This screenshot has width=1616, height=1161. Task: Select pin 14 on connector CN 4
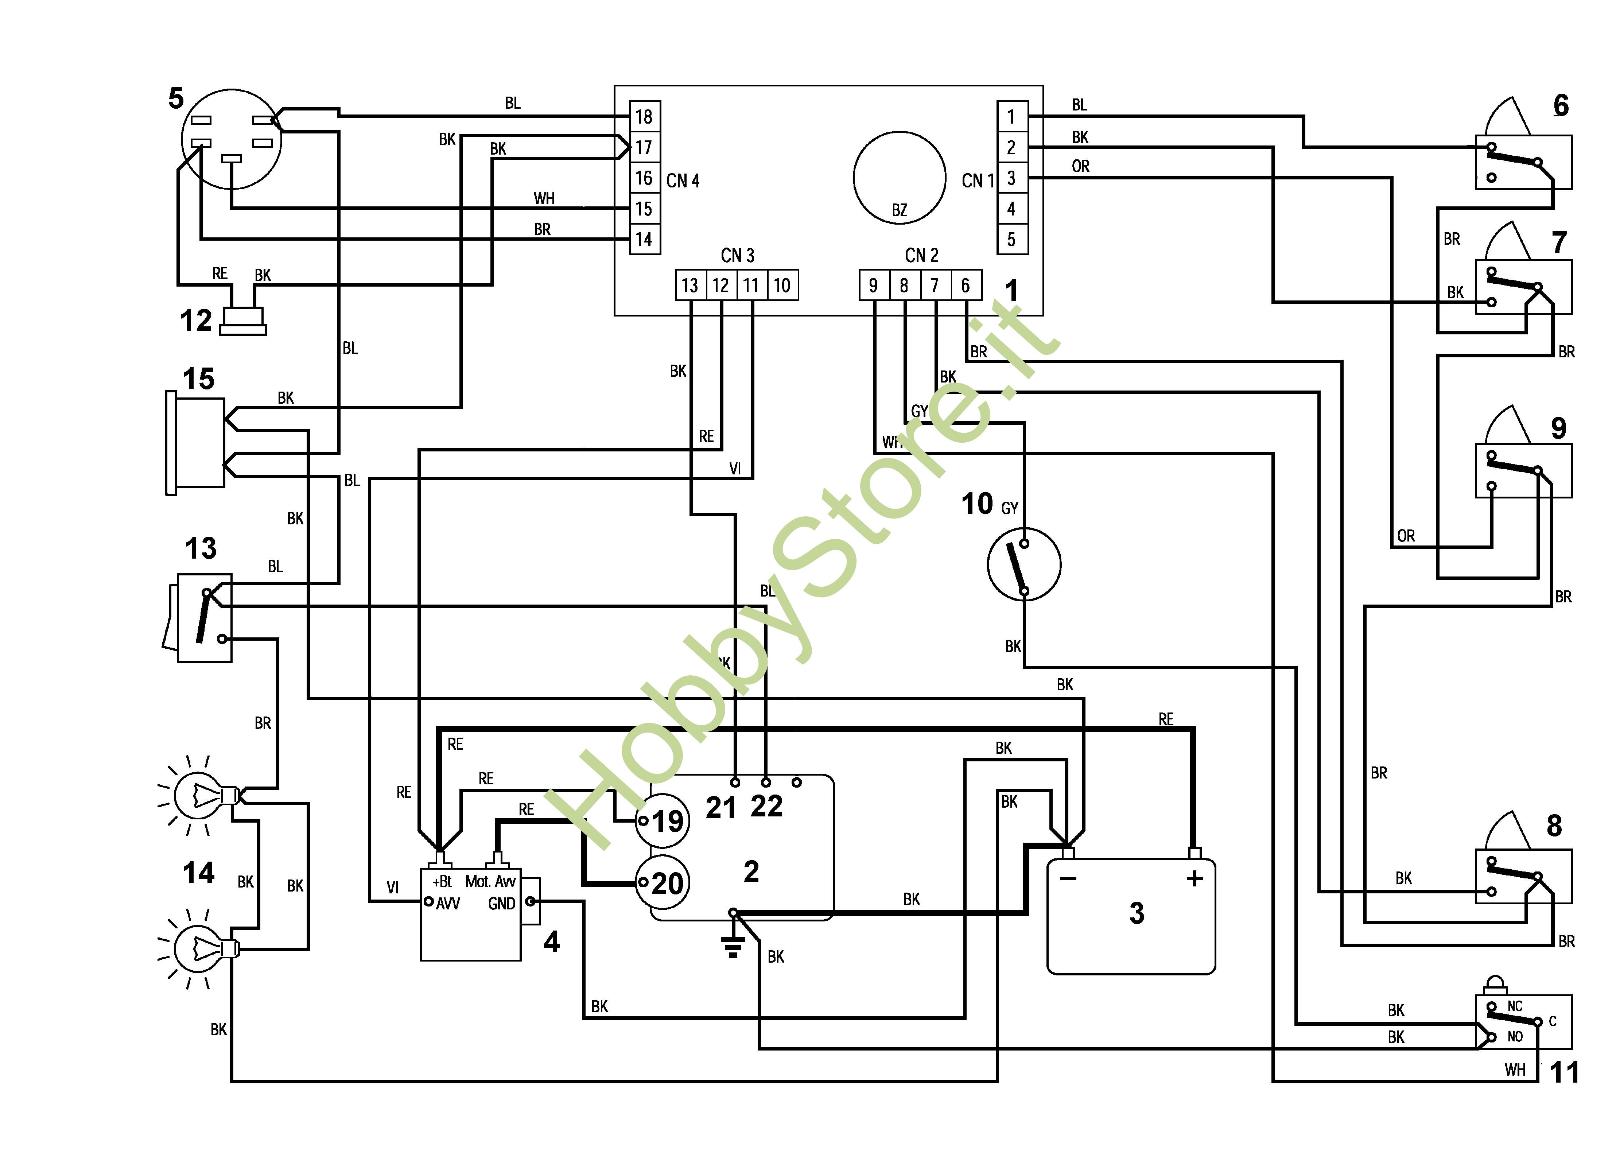(644, 240)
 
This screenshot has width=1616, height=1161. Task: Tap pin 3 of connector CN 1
(1011, 178)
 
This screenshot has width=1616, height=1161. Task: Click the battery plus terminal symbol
(1195, 879)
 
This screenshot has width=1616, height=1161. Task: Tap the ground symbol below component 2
(733, 946)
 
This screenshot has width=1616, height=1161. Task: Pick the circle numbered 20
(663, 883)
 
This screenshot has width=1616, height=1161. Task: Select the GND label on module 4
(502, 904)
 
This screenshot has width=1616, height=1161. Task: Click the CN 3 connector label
(738, 255)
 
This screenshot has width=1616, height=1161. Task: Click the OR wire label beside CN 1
(1080, 166)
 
